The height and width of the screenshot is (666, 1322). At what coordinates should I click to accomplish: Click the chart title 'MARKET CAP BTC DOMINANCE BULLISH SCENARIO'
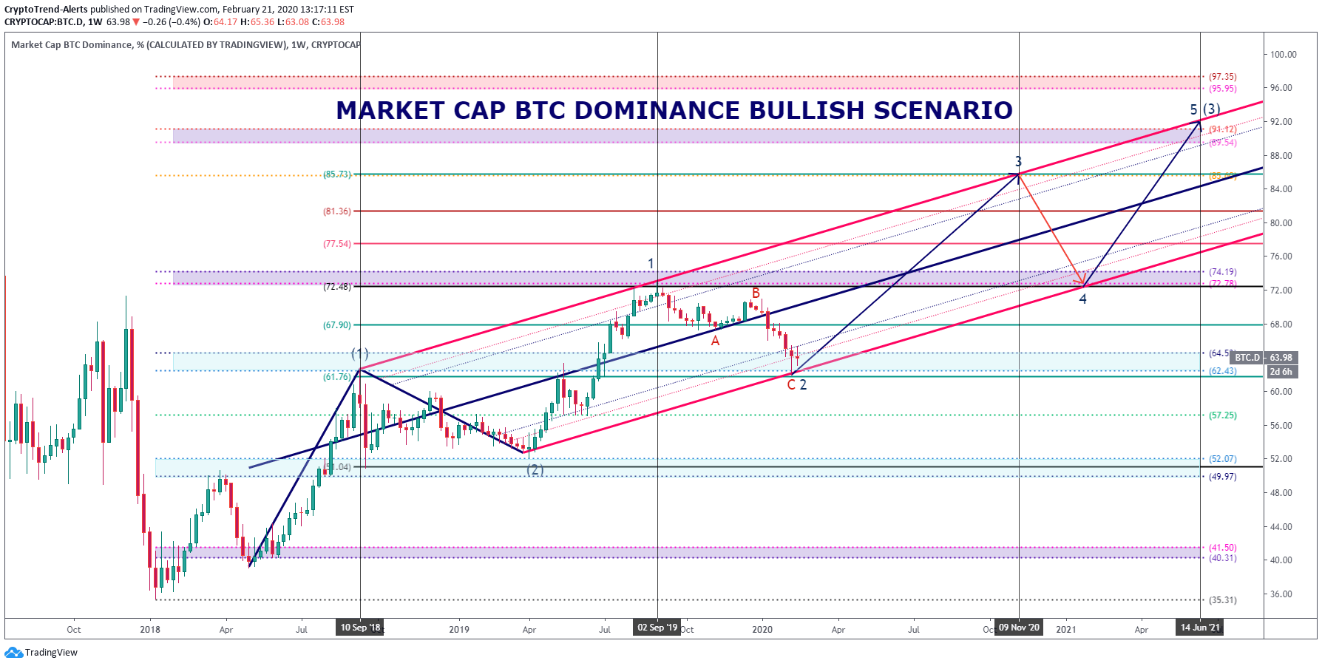pyautogui.click(x=674, y=110)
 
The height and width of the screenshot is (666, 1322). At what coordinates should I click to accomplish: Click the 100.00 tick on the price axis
pyautogui.click(x=1284, y=54)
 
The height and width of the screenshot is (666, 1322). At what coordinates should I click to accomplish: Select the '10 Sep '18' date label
pyautogui.click(x=360, y=628)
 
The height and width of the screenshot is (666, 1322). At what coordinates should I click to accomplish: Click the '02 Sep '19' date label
pyautogui.click(x=657, y=628)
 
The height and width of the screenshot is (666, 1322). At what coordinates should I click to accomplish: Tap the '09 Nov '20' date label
pyautogui.click(x=1019, y=628)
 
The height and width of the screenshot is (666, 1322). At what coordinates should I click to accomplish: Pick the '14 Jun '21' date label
pyautogui.click(x=1200, y=628)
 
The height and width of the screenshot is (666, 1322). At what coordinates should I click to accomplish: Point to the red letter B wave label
pyautogui.click(x=756, y=293)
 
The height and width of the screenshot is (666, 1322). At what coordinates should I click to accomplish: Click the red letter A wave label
pyautogui.click(x=715, y=341)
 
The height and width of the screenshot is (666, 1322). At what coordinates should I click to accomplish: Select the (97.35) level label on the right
pyautogui.click(x=1222, y=77)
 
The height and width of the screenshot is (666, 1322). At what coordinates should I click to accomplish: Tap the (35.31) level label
pyautogui.click(x=1222, y=600)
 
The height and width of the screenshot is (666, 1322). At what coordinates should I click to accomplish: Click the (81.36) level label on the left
pyautogui.click(x=337, y=211)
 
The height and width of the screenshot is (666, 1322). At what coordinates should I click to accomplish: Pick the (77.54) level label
pyautogui.click(x=337, y=244)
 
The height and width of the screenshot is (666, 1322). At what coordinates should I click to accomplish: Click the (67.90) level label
pyautogui.click(x=337, y=325)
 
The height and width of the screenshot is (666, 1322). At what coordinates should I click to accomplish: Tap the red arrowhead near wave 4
pyautogui.click(x=1080, y=282)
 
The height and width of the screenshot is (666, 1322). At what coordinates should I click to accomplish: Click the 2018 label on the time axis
pyautogui.click(x=150, y=630)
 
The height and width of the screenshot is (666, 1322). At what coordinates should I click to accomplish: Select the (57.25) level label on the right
pyautogui.click(x=1222, y=415)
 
